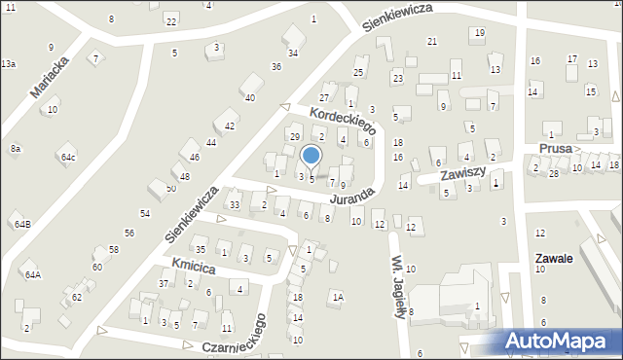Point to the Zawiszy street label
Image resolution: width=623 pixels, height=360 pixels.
click(461, 174)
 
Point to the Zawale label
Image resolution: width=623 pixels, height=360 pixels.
click(553, 259)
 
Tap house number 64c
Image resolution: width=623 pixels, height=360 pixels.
click(67, 157)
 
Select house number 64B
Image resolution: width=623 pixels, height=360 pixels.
click(21, 224)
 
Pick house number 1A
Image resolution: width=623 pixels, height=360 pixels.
click(338, 297)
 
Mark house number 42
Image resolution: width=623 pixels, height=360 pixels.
click(230, 126)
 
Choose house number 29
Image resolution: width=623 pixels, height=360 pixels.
click(294, 135)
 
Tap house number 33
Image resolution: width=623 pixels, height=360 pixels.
click(234, 204)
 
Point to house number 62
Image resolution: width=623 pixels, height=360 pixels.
click(77, 296)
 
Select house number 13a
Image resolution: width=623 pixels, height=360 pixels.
click(8, 63)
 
